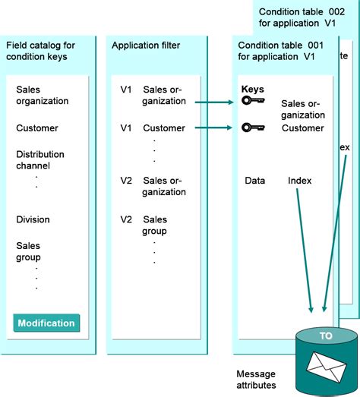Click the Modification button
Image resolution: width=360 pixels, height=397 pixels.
pos(46,323)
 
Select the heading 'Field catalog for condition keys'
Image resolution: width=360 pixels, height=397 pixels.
pos(46,52)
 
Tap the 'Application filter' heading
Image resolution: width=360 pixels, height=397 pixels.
pos(145,46)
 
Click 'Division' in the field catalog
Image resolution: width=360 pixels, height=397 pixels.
pos(33,219)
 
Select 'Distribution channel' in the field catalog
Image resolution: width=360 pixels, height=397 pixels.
pos(40,160)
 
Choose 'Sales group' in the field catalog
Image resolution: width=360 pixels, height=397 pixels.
pos(28,251)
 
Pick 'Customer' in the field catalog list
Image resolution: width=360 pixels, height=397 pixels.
pos(36,128)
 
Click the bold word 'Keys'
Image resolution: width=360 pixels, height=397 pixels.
pos(252,89)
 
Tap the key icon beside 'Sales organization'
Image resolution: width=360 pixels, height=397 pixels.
pos(253,101)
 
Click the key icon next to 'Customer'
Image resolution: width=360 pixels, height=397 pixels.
pos(253,128)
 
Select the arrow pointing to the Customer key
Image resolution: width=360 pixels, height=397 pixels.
pos(213,128)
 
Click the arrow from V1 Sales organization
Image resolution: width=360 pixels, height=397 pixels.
pos(213,101)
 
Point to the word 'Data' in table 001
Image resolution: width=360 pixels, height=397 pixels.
pos(254,181)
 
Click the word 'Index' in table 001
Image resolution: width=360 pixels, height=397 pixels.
pos(299,181)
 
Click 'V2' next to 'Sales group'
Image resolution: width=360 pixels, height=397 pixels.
pos(126,219)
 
